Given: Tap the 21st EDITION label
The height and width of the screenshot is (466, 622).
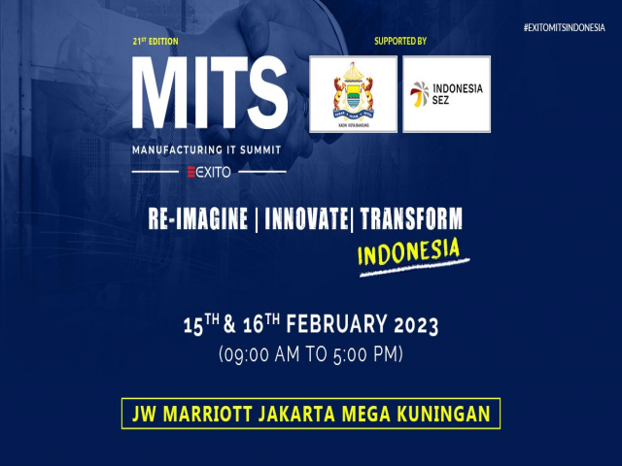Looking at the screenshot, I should coord(155,42).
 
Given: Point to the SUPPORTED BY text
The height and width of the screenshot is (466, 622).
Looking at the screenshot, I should coord(399,42).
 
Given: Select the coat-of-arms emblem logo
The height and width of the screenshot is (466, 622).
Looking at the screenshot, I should coord(352,93).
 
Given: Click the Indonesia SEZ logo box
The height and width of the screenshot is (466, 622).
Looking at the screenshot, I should coord(446,93).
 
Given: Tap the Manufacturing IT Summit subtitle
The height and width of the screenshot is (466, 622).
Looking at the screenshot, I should coord(206,150).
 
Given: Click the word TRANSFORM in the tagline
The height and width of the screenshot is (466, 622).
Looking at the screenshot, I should coord(411,218).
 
